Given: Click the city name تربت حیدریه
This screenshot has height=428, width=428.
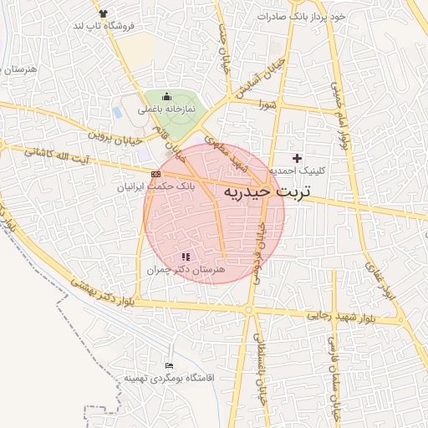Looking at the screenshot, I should (267, 192).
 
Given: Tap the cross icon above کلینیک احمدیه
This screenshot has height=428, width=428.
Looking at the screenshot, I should (297, 158).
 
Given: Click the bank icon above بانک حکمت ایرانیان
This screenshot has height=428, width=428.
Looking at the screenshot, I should (155, 174).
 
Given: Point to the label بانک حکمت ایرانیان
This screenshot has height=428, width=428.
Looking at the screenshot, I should (155, 187).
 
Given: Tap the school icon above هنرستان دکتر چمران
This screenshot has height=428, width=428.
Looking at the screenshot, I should (185, 257).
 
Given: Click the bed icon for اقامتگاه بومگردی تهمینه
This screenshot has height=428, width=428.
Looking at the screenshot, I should (170, 365).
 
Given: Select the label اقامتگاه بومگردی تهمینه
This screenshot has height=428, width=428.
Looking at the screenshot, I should (170, 378).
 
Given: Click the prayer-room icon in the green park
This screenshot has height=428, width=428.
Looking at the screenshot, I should (166, 97).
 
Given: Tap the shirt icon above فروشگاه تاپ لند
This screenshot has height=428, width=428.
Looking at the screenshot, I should (103, 13).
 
